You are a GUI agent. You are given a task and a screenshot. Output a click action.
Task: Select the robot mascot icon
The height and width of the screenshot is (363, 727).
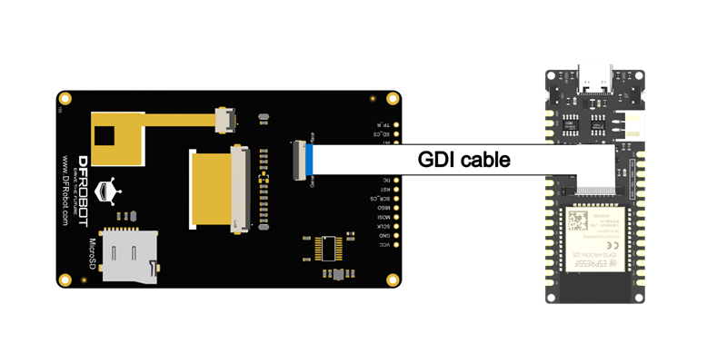pyautogui.click(x=108, y=192)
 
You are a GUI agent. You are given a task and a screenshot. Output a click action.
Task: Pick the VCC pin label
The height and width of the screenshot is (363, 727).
pyautogui.click(x=385, y=245)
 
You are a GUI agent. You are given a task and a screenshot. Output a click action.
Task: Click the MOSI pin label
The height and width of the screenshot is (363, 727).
pyautogui.click(x=385, y=218)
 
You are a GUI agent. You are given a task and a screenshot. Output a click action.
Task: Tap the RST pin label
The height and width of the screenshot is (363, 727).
pyautogui.click(x=385, y=189)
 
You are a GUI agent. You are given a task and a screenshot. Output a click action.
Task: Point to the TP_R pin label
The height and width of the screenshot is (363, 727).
pyautogui.click(x=384, y=125)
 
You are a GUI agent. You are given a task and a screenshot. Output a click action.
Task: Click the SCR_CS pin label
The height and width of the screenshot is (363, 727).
pyautogui.click(x=383, y=198)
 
